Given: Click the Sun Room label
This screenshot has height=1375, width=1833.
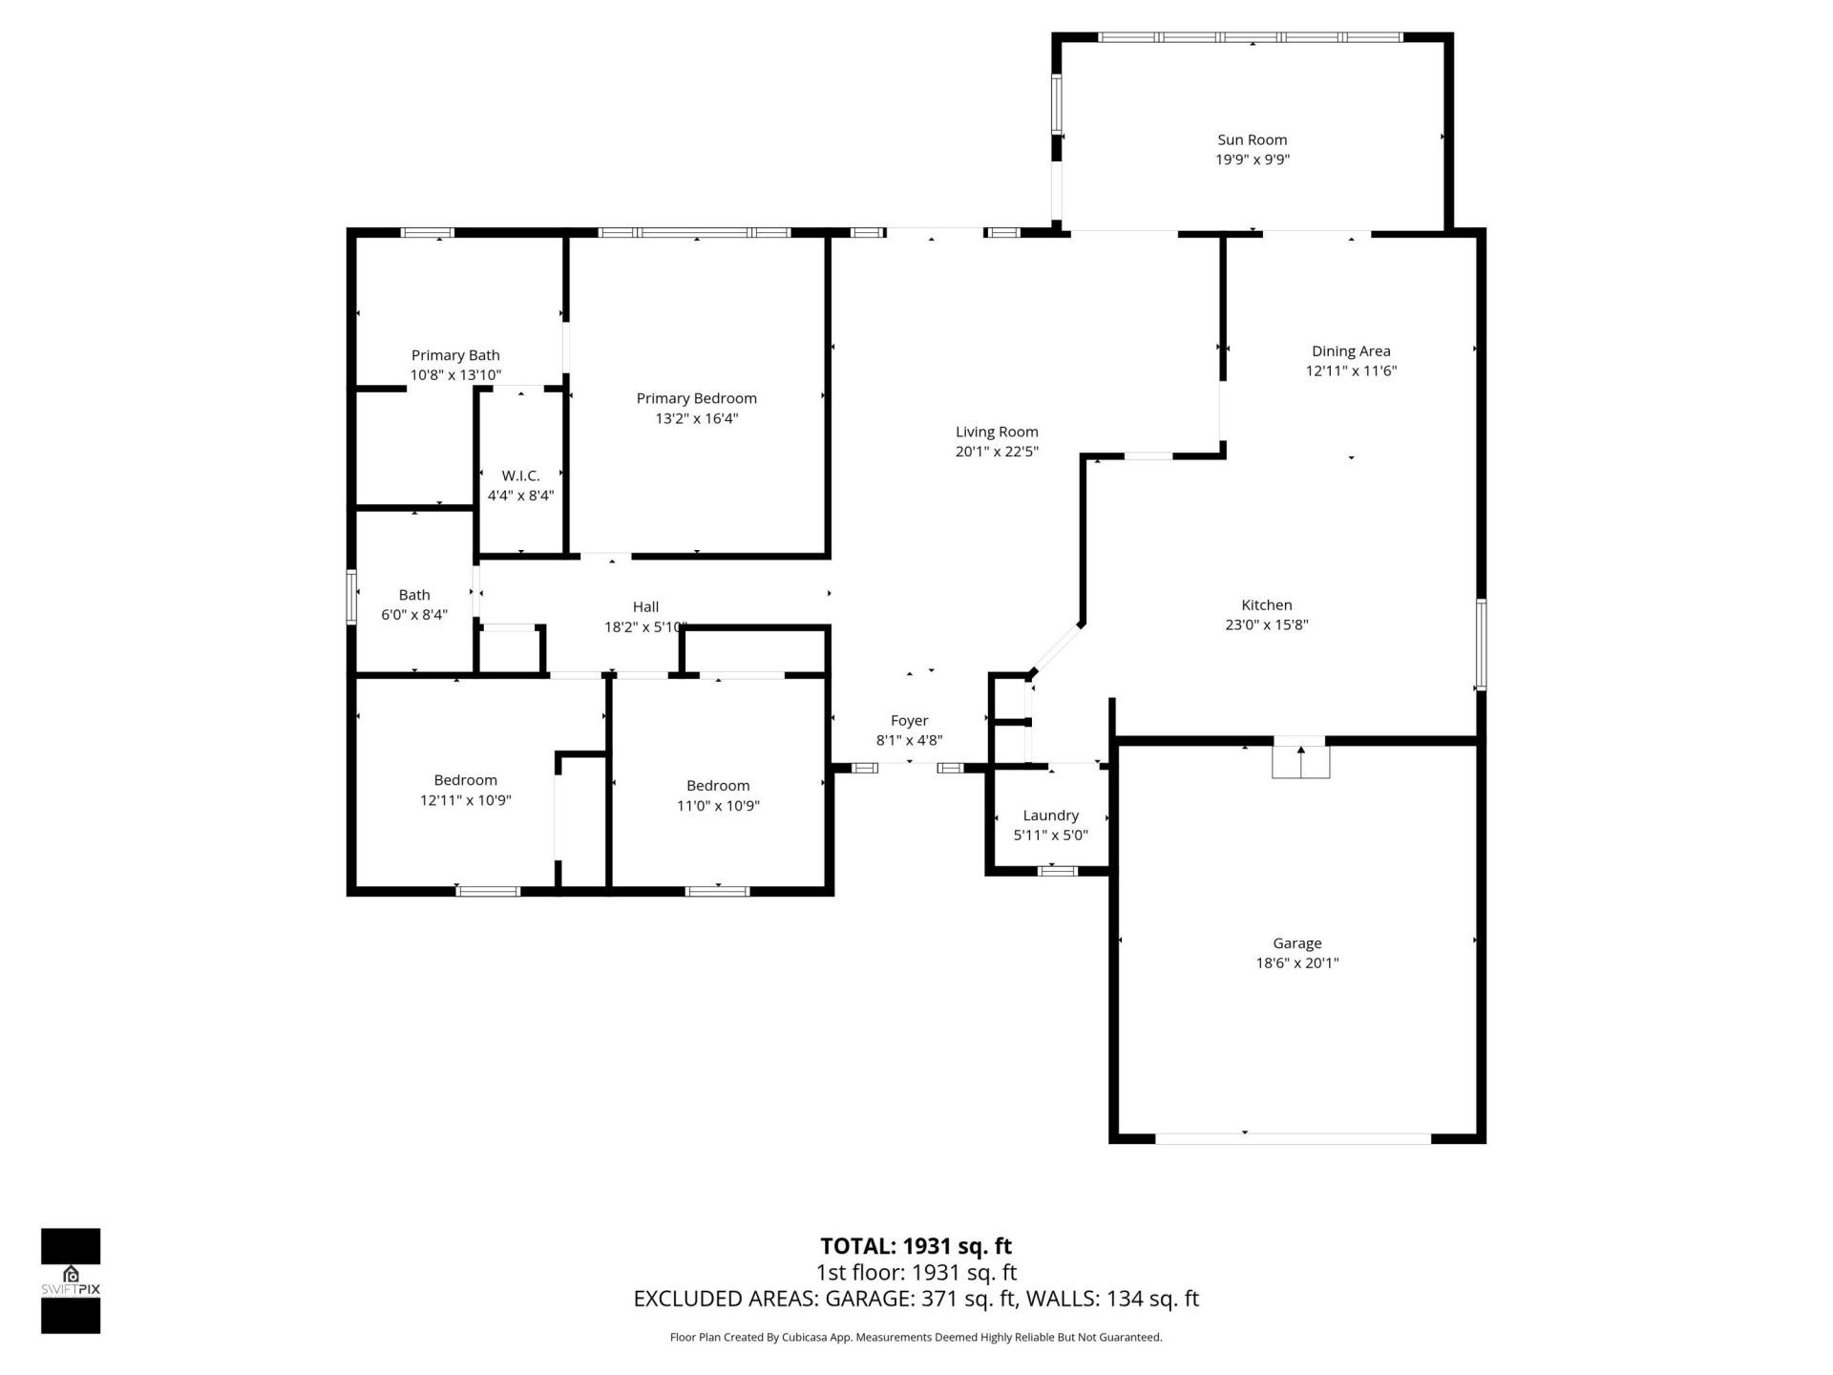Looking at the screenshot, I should pyautogui.click(x=1252, y=139).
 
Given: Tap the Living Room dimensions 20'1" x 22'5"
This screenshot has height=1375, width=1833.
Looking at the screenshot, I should pyautogui.click(x=997, y=452).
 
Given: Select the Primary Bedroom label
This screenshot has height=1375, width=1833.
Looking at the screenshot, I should pyautogui.click(x=696, y=398).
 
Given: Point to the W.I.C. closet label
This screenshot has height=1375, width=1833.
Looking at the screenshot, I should pyautogui.click(x=520, y=476).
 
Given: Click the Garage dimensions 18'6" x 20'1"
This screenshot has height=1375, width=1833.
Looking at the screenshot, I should pyautogui.click(x=1296, y=963).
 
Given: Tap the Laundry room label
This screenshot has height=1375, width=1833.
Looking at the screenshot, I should pyautogui.click(x=1050, y=815).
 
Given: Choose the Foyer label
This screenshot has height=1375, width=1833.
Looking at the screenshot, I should pyautogui.click(x=909, y=721).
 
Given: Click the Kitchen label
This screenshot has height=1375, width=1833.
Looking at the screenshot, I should pyautogui.click(x=1266, y=604).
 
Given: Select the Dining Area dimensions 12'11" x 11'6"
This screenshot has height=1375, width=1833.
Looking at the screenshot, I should pyautogui.click(x=1351, y=371).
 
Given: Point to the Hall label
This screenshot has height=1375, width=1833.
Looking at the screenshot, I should pyautogui.click(x=645, y=606).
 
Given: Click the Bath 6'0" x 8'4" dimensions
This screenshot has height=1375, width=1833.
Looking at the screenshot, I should pyautogui.click(x=414, y=615).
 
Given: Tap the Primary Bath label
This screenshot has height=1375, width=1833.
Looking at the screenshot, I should pyautogui.click(x=455, y=355).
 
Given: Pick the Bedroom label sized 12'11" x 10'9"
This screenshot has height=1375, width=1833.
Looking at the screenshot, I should pyautogui.click(x=465, y=780).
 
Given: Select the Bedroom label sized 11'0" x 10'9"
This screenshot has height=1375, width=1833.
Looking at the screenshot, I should pyautogui.click(x=717, y=786).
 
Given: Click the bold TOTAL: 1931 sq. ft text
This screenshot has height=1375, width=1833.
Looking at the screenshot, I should pyautogui.click(x=916, y=1246).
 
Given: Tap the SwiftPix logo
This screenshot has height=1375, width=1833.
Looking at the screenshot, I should pyautogui.click(x=71, y=1280).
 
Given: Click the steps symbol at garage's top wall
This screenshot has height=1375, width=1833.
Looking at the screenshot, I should pyautogui.click(x=1300, y=761).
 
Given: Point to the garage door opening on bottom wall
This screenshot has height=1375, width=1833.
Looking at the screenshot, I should pyautogui.click(x=1293, y=1138).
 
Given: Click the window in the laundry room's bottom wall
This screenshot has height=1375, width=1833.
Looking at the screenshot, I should pyautogui.click(x=1057, y=871).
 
